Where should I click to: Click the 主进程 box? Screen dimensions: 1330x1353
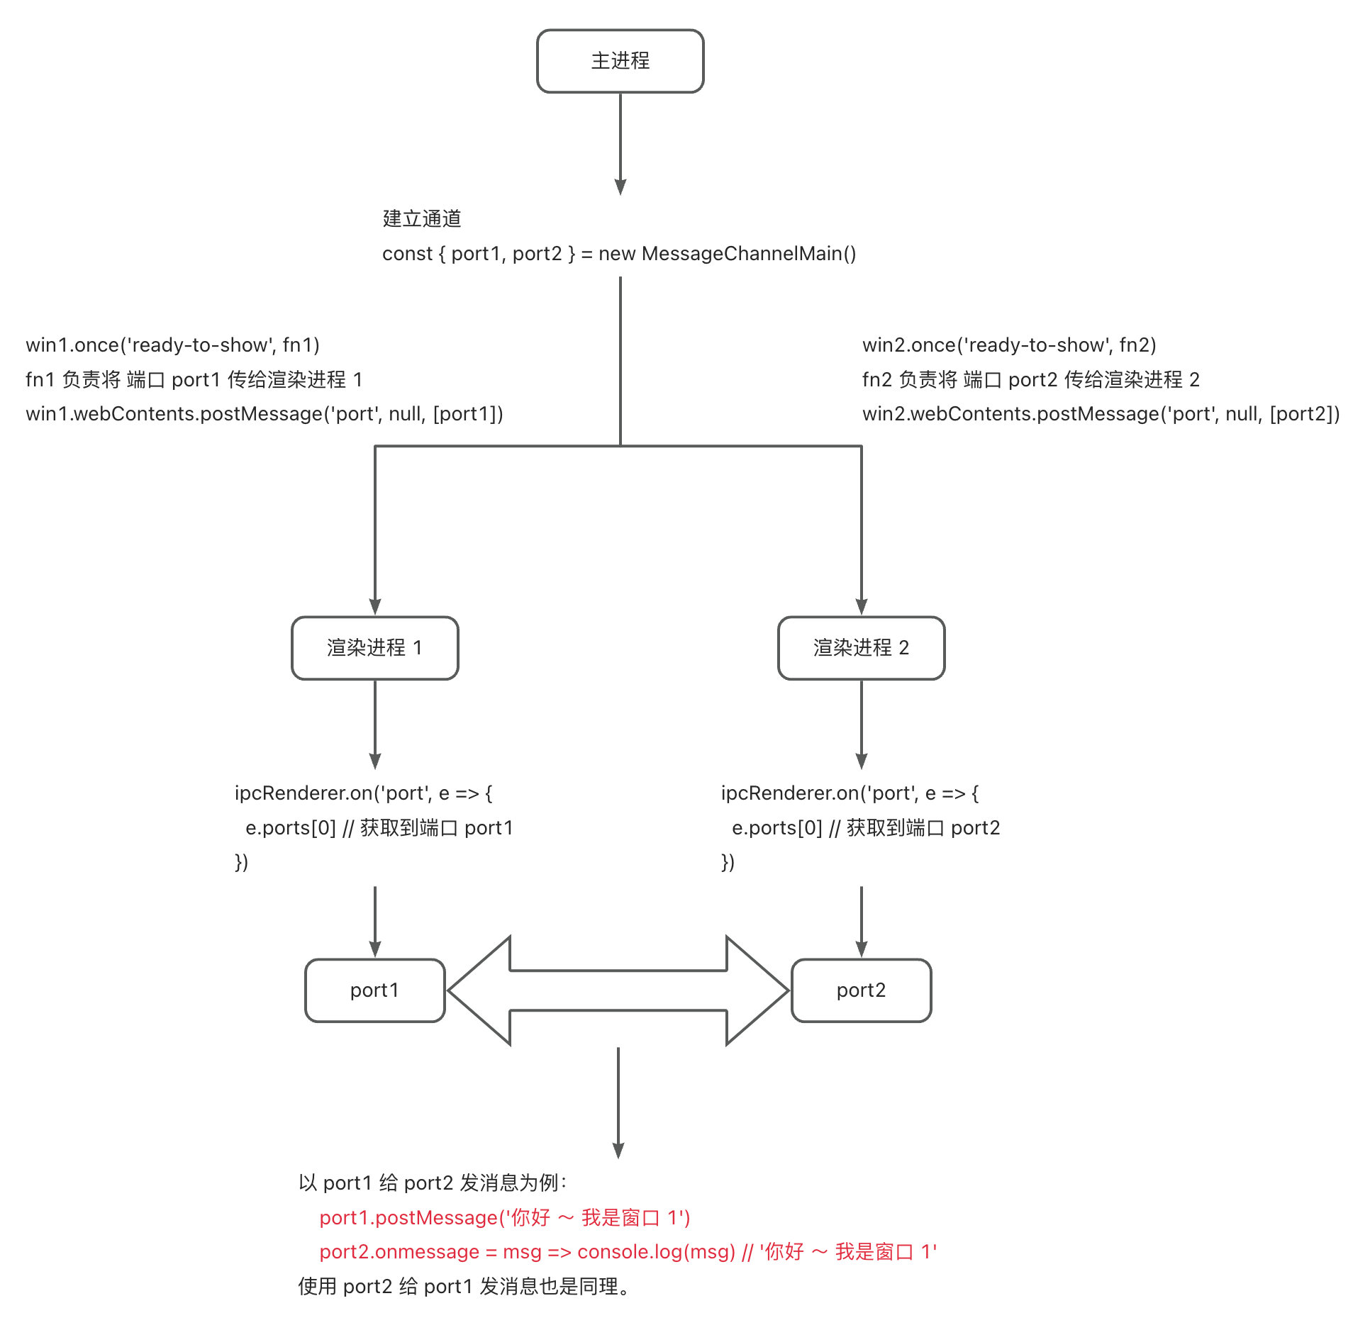[620, 61]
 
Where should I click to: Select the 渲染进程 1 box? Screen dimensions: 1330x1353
[374, 647]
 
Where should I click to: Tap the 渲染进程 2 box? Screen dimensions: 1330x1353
[861, 647]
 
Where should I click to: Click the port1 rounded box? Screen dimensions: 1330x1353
[374, 990]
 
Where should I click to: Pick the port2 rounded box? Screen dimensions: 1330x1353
[861, 990]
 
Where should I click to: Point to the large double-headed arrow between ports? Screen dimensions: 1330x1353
[618, 990]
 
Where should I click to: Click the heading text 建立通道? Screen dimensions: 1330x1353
[422, 218]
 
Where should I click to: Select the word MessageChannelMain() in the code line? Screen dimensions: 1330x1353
[749, 254]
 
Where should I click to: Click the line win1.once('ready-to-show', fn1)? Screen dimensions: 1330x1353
[172, 345]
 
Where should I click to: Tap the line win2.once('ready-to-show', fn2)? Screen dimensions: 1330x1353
[1009, 345]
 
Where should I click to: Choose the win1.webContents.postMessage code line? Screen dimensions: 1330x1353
[264, 414]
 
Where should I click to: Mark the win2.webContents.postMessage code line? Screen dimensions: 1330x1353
[1101, 414]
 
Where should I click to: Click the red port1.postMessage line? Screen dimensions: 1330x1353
[504, 1217]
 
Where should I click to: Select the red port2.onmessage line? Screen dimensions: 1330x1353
[628, 1252]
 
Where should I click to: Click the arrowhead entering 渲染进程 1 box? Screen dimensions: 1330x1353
[375, 607]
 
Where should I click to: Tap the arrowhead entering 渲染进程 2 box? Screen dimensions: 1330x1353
[862, 607]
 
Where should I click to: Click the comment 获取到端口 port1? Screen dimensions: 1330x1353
[436, 828]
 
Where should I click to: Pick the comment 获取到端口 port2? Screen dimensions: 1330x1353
[923, 828]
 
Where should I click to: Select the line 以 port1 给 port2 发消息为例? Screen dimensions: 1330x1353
[433, 1183]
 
